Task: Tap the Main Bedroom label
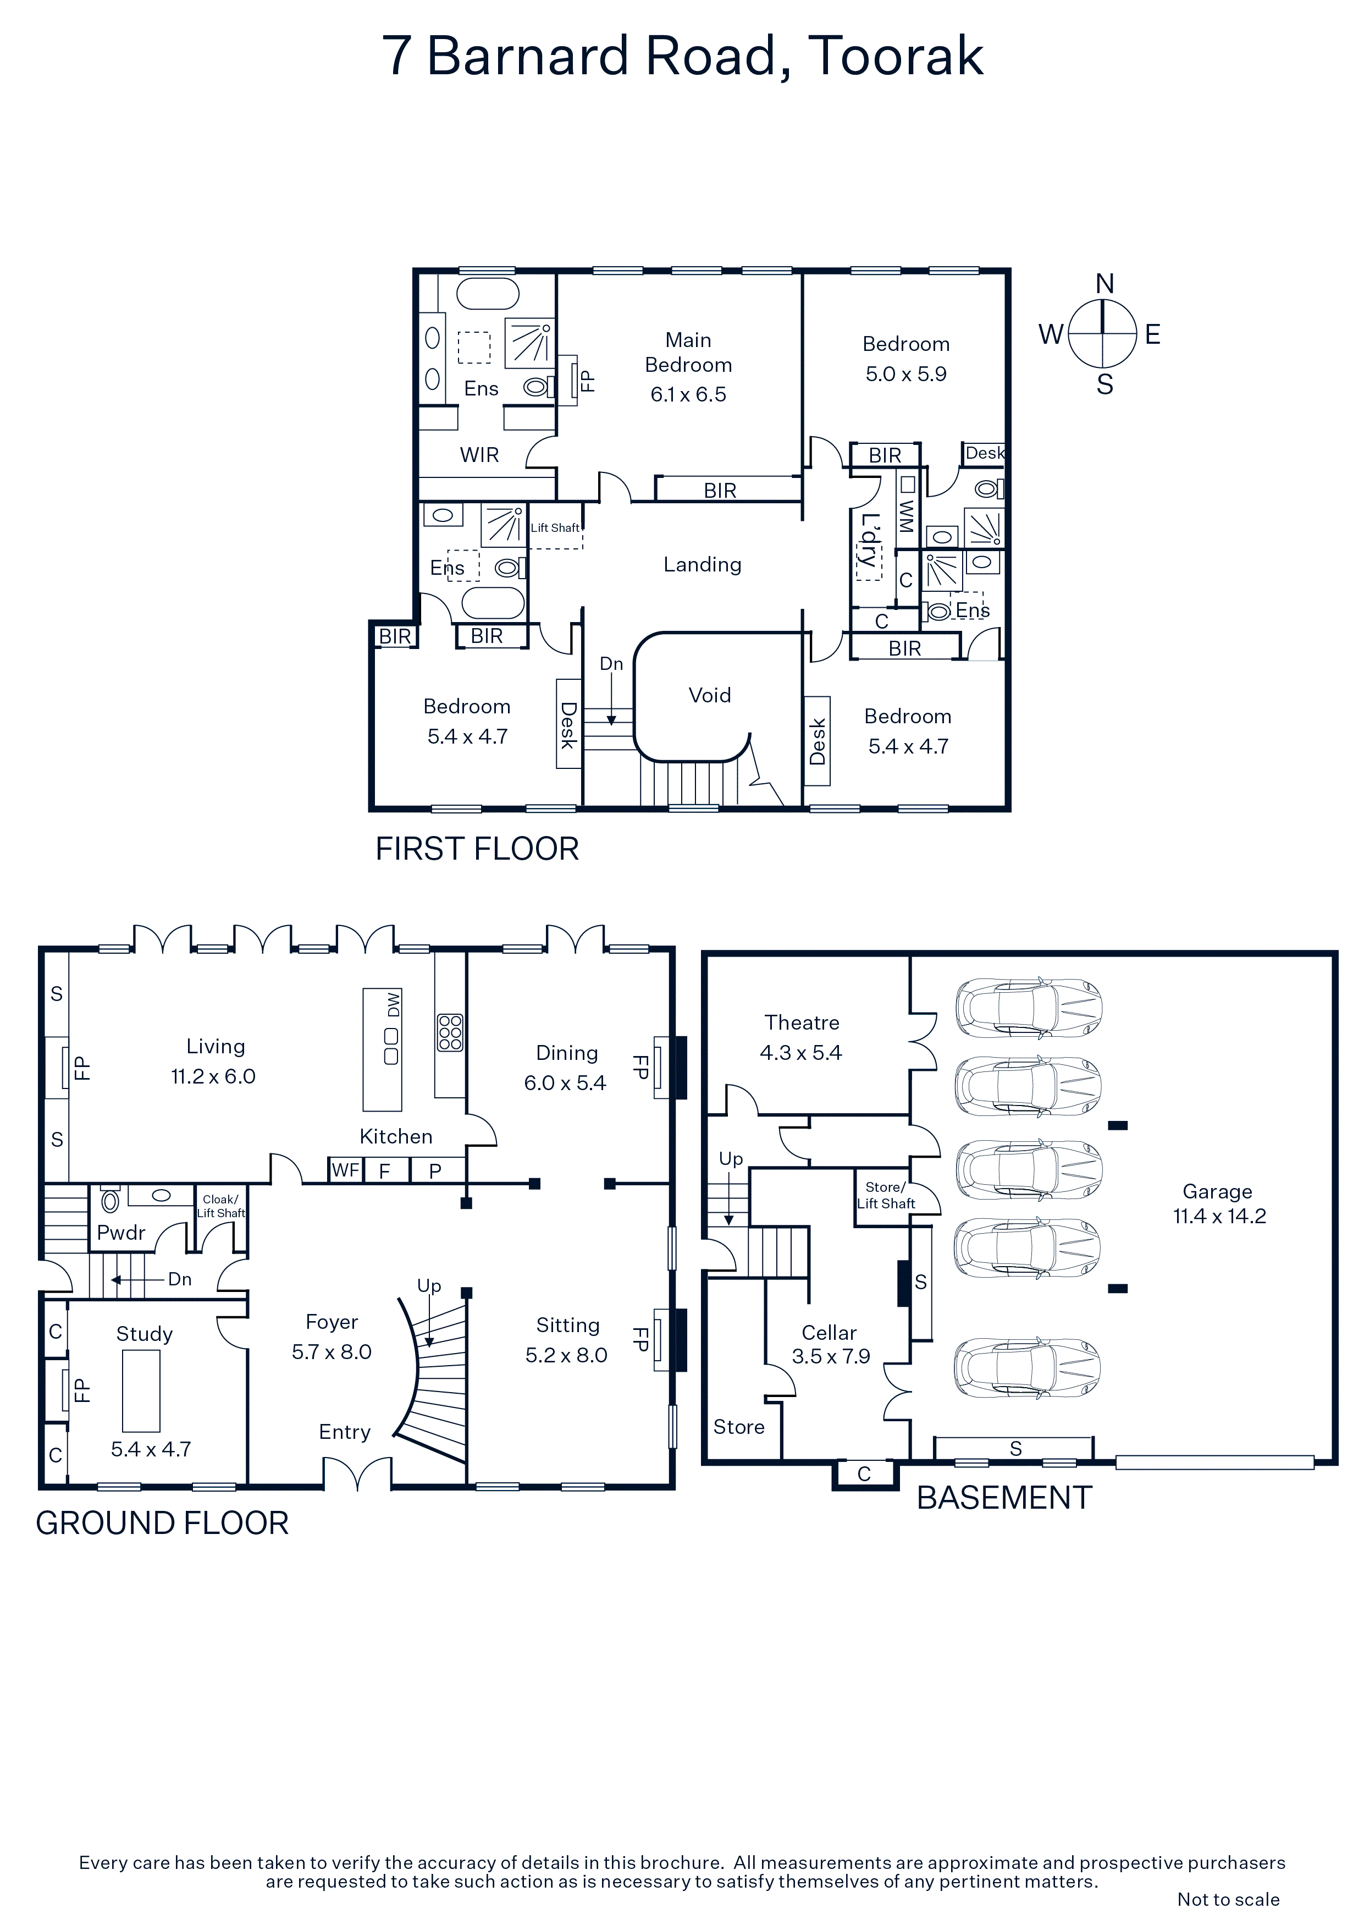pos(688,352)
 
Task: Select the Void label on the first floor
pos(709,695)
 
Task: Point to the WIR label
pos(479,455)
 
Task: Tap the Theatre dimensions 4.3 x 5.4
pos(801,1052)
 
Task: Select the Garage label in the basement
pos(1217,1191)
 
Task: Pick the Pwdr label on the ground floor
pos(121,1233)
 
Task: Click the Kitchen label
pos(396,1136)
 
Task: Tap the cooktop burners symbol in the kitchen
pos(450,1033)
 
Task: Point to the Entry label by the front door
pos(345,1432)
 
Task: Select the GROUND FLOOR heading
pos(162,1523)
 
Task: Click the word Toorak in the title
pos(896,56)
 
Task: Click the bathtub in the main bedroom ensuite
pos(488,294)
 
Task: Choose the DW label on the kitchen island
pos(393,1004)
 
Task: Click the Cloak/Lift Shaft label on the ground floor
pos(221,1206)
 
